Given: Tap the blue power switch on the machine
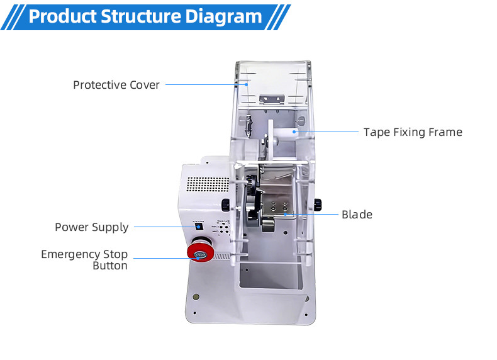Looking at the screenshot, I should (199, 226).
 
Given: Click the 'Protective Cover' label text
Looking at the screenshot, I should (116, 84).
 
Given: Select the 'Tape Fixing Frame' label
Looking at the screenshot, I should (412, 132).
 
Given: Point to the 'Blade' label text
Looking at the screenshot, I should (357, 215).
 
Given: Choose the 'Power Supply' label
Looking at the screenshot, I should (91, 227).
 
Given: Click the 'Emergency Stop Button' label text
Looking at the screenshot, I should (84, 260).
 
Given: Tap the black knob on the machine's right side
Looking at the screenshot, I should (318, 203).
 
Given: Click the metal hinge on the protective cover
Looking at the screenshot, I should (273, 99).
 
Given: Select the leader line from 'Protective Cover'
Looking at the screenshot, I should (201, 84).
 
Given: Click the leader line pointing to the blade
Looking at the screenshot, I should (311, 215).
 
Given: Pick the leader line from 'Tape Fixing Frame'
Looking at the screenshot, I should (327, 132).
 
